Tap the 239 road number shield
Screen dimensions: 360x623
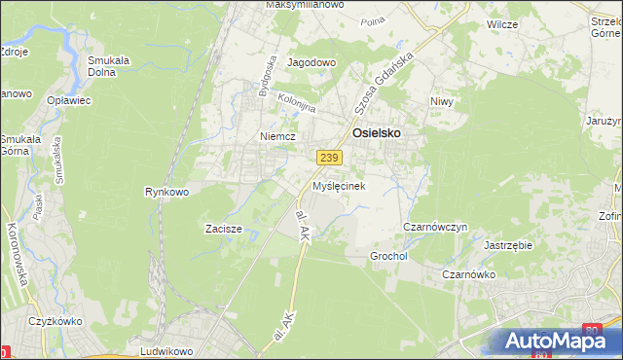pos(328,158)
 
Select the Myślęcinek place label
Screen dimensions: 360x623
pos(338,185)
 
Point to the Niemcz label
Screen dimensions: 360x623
pos(276,137)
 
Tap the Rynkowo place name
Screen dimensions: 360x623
pos(165,192)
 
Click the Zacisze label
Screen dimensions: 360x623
pos(223,230)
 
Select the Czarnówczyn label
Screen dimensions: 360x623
pos(435,227)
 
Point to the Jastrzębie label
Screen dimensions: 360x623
pos(507,245)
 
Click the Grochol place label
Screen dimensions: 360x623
pos(387,256)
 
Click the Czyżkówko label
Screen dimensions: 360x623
pos(54,321)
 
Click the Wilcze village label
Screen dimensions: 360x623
pos(502,23)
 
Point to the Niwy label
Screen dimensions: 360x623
pos(442,101)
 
